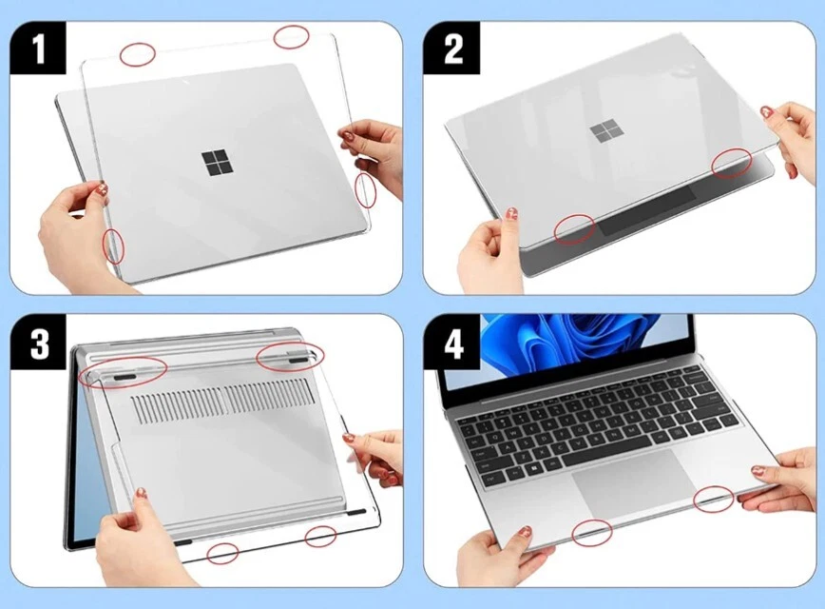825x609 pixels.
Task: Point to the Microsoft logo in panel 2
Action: point(602,131)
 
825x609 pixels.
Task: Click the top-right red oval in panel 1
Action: point(292,37)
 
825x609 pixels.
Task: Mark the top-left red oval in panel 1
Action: point(139,53)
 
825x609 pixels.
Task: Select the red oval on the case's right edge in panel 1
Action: point(366,190)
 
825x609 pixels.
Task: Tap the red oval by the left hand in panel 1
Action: point(114,245)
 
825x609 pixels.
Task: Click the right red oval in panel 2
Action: point(733,163)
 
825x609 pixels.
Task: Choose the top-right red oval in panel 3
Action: point(290,356)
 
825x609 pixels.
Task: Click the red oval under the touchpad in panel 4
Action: point(592,533)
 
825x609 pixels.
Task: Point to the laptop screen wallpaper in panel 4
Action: point(570,341)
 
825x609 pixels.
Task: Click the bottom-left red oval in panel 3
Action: point(223,551)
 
